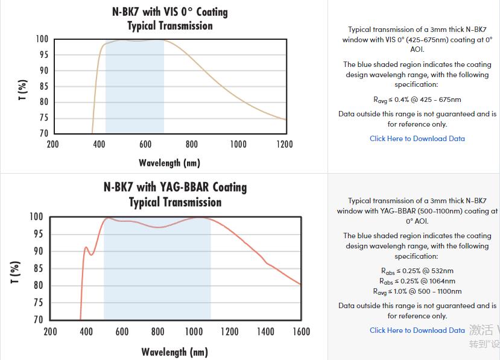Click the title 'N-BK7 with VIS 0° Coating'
pos(170,11)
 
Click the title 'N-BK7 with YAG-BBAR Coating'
pos(175,187)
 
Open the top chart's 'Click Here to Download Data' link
pos(417,139)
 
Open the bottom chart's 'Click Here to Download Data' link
pos(417,330)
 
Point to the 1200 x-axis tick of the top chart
pos(284,144)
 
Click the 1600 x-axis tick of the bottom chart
pos(301,332)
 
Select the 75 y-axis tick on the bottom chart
pos(37,303)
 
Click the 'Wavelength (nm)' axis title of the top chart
pos(169,163)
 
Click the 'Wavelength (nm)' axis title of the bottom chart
pos(174,352)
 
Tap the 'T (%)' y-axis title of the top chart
pos(23,89)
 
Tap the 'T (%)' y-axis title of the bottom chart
pos(16,272)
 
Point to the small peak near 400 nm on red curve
pos(86,247)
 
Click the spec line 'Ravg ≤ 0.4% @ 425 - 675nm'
pos(417,99)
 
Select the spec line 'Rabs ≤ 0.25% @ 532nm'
pos(417,271)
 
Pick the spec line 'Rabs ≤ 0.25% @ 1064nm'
pos(417,281)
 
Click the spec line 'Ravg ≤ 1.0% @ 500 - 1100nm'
pos(417,291)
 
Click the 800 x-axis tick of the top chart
pos(192,144)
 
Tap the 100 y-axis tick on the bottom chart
pos(36,216)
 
